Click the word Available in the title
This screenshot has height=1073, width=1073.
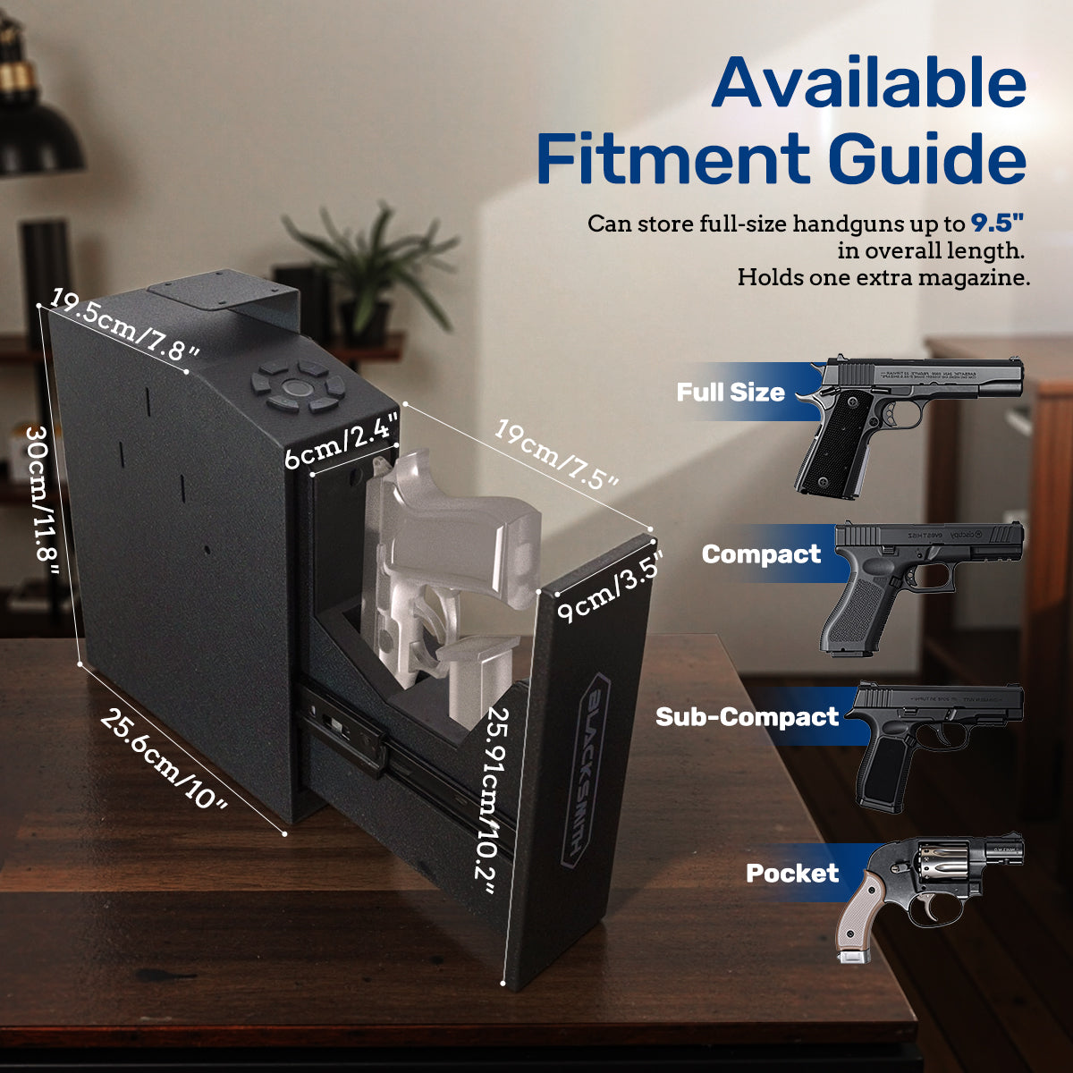[869, 82]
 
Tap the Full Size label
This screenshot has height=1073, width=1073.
[730, 392]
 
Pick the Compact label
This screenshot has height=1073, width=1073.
[760, 554]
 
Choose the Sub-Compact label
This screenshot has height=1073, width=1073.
[747, 717]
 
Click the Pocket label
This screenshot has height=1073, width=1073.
[792, 873]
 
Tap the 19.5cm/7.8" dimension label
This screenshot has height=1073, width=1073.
[123, 324]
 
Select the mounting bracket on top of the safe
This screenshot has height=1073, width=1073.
[224, 295]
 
